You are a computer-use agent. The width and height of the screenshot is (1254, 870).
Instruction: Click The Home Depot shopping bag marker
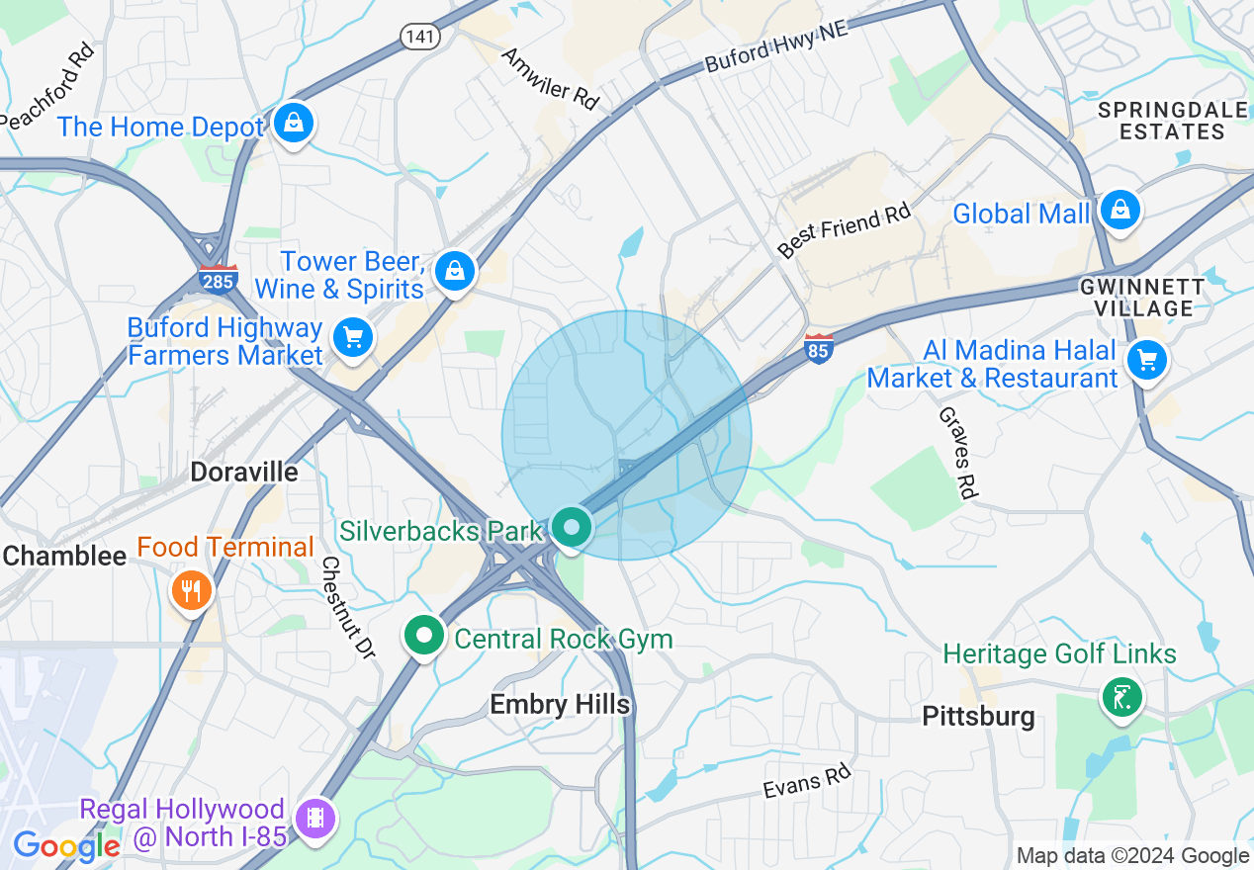[x=294, y=124]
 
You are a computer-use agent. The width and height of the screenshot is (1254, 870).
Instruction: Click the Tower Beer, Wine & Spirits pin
[x=455, y=269]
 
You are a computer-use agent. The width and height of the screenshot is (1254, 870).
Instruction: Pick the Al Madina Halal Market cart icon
[x=1147, y=361]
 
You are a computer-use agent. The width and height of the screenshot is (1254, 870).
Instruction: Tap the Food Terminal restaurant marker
[x=192, y=591]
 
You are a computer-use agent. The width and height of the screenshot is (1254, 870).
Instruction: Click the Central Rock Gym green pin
[x=424, y=636]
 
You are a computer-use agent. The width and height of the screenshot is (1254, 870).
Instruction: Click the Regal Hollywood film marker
[x=314, y=819]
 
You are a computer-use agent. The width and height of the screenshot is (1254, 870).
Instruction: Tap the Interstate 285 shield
[x=218, y=278]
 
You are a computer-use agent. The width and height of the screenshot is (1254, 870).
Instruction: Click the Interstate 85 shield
[x=818, y=348]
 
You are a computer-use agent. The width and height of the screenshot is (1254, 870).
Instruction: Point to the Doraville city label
[x=244, y=472]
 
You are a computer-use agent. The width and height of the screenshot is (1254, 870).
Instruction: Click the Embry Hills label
[x=560, y=704]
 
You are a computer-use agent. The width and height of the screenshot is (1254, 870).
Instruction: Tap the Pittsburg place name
[x=978, y=716]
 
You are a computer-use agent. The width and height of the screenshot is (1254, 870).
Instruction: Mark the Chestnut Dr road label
[x=348, y=607]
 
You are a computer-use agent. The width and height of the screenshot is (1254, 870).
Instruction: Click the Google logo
[x=66, y=846]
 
